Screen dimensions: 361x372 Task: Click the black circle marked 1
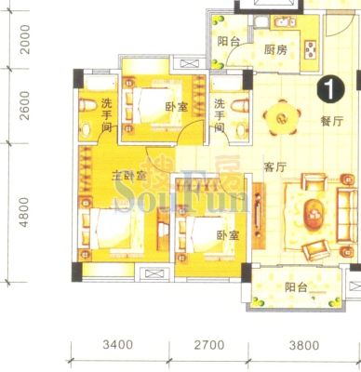click(x=330, y=89)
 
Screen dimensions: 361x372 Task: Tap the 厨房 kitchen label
click(x=275, y=49)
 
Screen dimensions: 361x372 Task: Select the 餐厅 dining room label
click(x=332, y=121)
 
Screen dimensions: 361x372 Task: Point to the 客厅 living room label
click(x=274, y=167)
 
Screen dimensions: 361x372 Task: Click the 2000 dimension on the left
click(x=25, y=40)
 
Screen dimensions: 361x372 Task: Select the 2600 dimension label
click(x=25, y=105)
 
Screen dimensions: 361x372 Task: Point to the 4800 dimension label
click(x=25, y=213)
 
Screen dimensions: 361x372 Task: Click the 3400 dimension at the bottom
click(x=118, y=345)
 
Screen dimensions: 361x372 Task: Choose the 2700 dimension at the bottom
click(x=209, y=345)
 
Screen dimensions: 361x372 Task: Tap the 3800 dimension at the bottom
click(x=304, y=345)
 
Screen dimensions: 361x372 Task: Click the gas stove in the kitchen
click(x=311, y=49)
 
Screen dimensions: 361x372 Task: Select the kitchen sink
click(x=286, y=22)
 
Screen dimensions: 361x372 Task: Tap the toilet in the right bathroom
click(x=240, y=105)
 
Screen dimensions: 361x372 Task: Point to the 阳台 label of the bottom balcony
click(x=296, y=287)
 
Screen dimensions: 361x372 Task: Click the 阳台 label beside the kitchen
click(x=229, y=41)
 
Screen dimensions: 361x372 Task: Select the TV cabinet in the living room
click(x=259, y=216)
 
